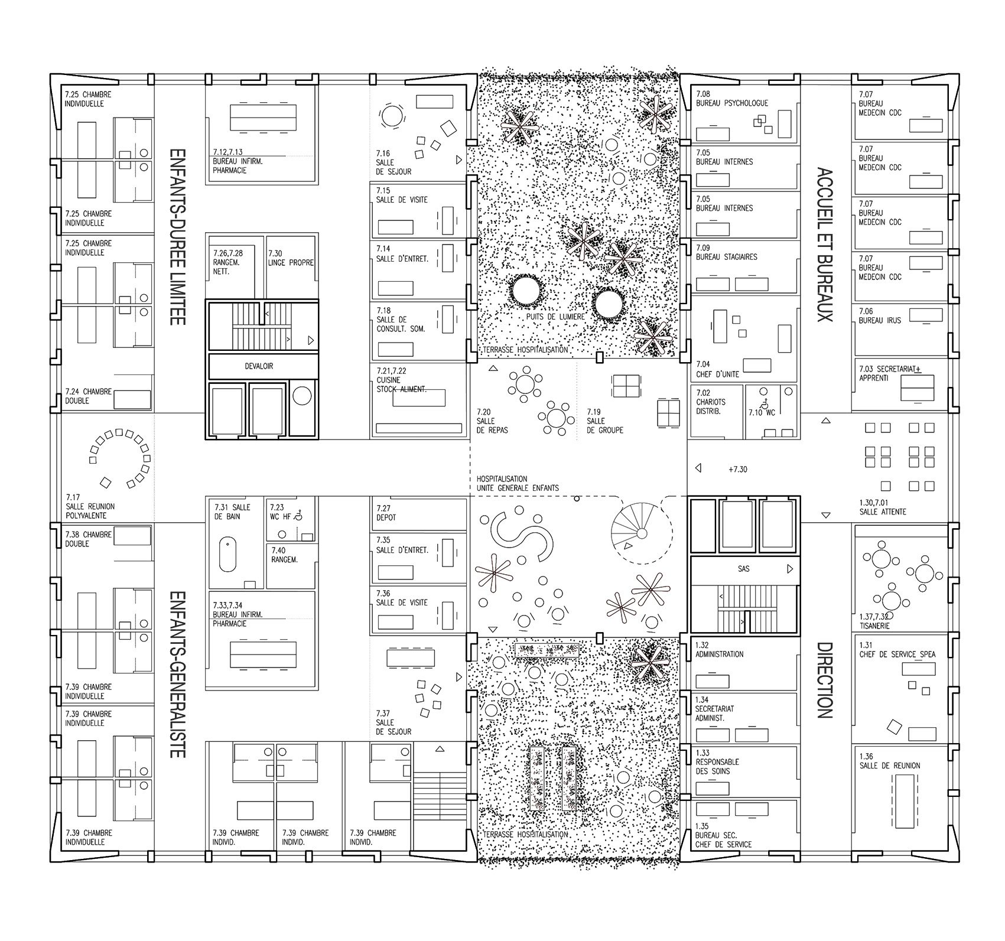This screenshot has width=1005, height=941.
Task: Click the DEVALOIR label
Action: click(259, 366)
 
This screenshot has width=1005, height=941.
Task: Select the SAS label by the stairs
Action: click(743, 569)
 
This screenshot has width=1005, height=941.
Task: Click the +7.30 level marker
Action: click(738, 470)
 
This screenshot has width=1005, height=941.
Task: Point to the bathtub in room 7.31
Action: click(227, 554)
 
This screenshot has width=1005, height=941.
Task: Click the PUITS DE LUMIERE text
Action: click(555, 317)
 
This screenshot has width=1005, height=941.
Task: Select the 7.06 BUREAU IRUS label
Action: click(880, 315)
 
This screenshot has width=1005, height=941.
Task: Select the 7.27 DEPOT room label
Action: click(386, 513)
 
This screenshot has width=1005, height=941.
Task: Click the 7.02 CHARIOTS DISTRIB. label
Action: click(711, 402)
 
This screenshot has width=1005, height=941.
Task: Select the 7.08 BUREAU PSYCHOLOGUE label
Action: click(731, 99)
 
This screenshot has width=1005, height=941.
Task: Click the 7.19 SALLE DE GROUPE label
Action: click(604, 421)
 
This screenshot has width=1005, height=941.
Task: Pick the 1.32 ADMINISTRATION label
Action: click(718, 650)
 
